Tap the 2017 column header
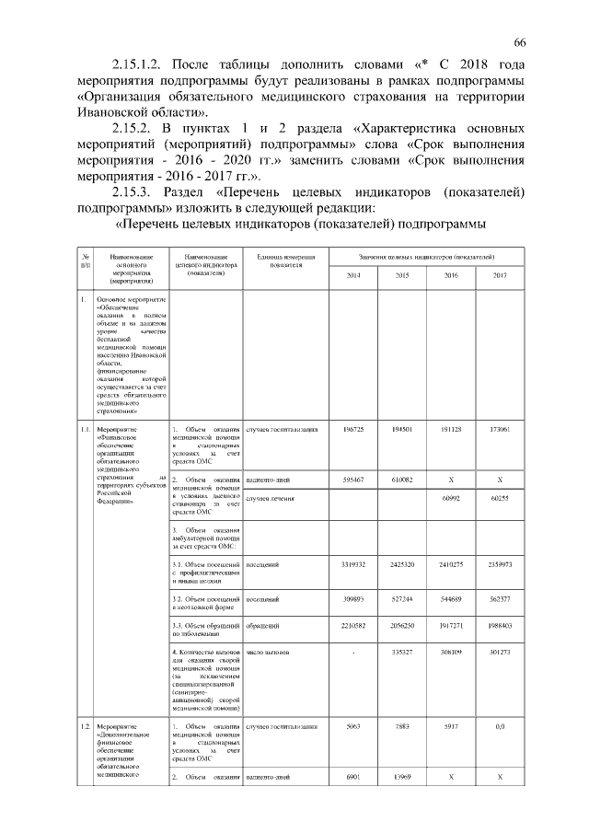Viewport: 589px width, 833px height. tap(499, 276)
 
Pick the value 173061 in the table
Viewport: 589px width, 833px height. tap(499, 430)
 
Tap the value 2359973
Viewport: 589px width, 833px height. tap(499, 562)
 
